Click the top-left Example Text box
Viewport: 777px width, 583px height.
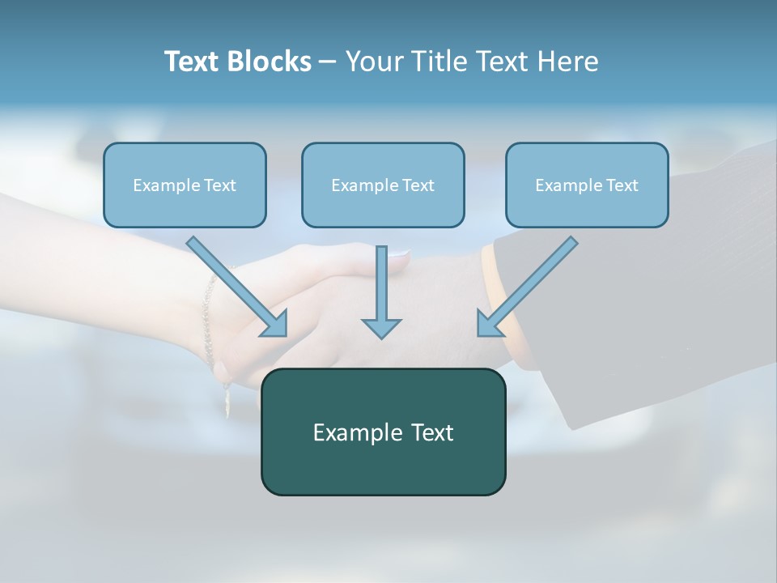pyautogui.click(x=185, y=185)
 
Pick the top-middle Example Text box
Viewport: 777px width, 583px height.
pyautogui.click(x=383, y=185)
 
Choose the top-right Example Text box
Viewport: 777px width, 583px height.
pyautogui.click(x=587, y=185)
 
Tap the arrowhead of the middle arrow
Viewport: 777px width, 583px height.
pyautogui.click(x=381, y=328)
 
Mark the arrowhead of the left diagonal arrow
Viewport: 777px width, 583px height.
pyautogui.click(x=276, y=325)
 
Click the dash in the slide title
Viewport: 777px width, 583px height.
pyautogui.click(x=328, y=62)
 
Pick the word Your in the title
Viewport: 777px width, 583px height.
pyautogui.click(x=373, y=62)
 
